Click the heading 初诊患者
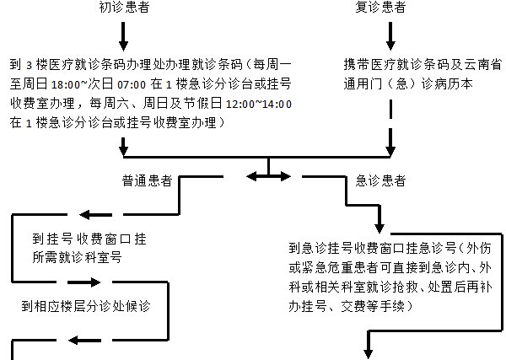(123, 7)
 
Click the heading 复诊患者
(390, 7)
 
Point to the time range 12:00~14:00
(255, 104)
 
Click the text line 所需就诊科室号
(77, 256)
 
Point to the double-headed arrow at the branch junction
(267, 176)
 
